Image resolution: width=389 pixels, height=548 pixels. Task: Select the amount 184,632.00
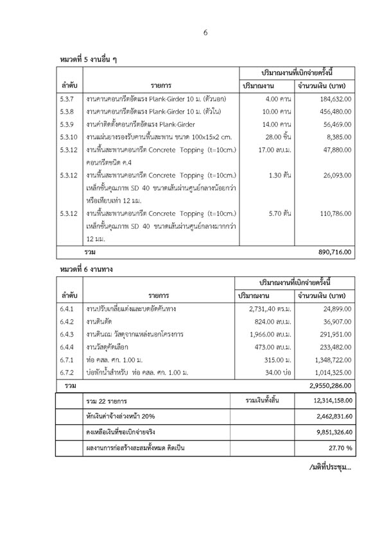click(x=333, y=99)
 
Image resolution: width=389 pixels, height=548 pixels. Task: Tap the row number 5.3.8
click(x=67, y=112)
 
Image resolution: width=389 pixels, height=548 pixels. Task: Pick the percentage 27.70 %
click(x=338, y=447)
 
